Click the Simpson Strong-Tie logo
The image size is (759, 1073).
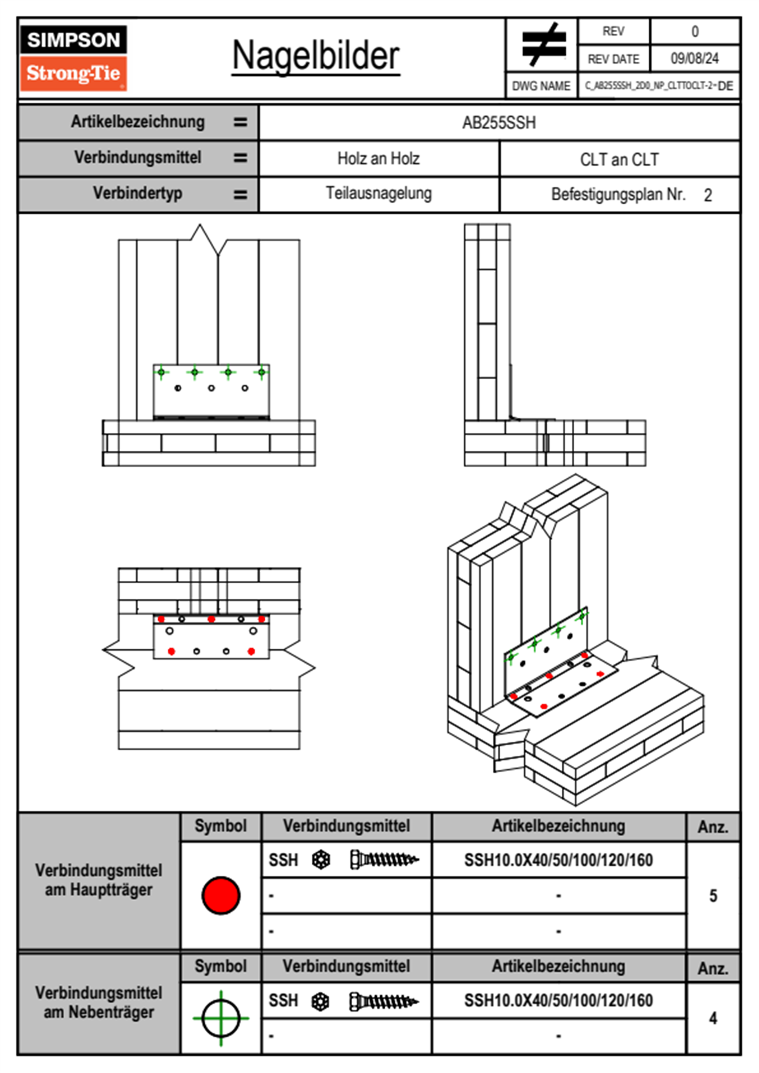point(73,57)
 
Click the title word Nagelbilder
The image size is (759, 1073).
point(316,56)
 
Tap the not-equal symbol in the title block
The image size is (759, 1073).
point(543,45)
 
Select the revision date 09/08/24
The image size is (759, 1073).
point(694,59)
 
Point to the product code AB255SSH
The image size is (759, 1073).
point(499,122)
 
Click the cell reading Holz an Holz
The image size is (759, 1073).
point(378,159)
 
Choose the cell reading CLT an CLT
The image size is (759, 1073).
point(619,159)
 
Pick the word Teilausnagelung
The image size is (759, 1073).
point(378,193)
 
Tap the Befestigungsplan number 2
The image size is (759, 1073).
point(708,195)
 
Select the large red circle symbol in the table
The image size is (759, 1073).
point(221,895)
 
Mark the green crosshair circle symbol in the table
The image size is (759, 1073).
point(221,1018)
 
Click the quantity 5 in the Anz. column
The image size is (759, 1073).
point(713,896)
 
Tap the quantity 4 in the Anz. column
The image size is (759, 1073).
point(713,1018)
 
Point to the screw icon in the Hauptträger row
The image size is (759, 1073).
point(384,860)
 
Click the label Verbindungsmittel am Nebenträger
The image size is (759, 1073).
point(99,1002)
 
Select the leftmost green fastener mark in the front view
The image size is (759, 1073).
point(161,372)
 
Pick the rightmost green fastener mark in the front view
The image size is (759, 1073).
point(262,372)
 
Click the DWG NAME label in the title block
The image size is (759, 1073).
point(541,86)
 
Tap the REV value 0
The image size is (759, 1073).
point(695,31)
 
